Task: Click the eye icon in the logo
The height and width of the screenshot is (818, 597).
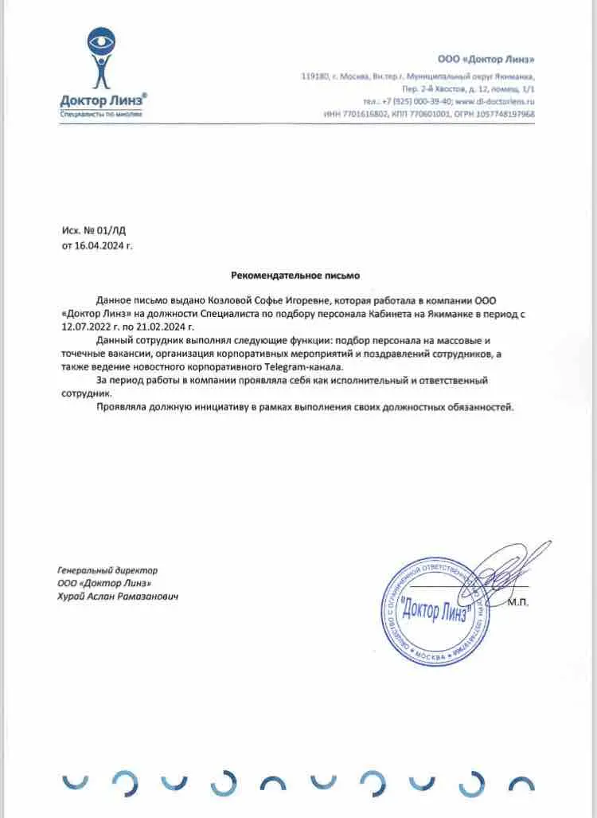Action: click(103, 40)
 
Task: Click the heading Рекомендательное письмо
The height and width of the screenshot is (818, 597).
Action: click(295, 276)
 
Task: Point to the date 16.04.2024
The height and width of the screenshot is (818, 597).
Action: click(99, 246)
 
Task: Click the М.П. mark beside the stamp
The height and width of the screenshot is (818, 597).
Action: click(518, 603)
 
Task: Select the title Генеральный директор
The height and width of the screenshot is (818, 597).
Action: click(107, 570)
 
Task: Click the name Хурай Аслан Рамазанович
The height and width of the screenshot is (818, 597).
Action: click(116, 596)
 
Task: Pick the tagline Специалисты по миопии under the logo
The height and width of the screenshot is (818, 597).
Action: click(101, 114)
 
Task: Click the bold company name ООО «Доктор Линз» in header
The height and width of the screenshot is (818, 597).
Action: click(486, 60)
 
